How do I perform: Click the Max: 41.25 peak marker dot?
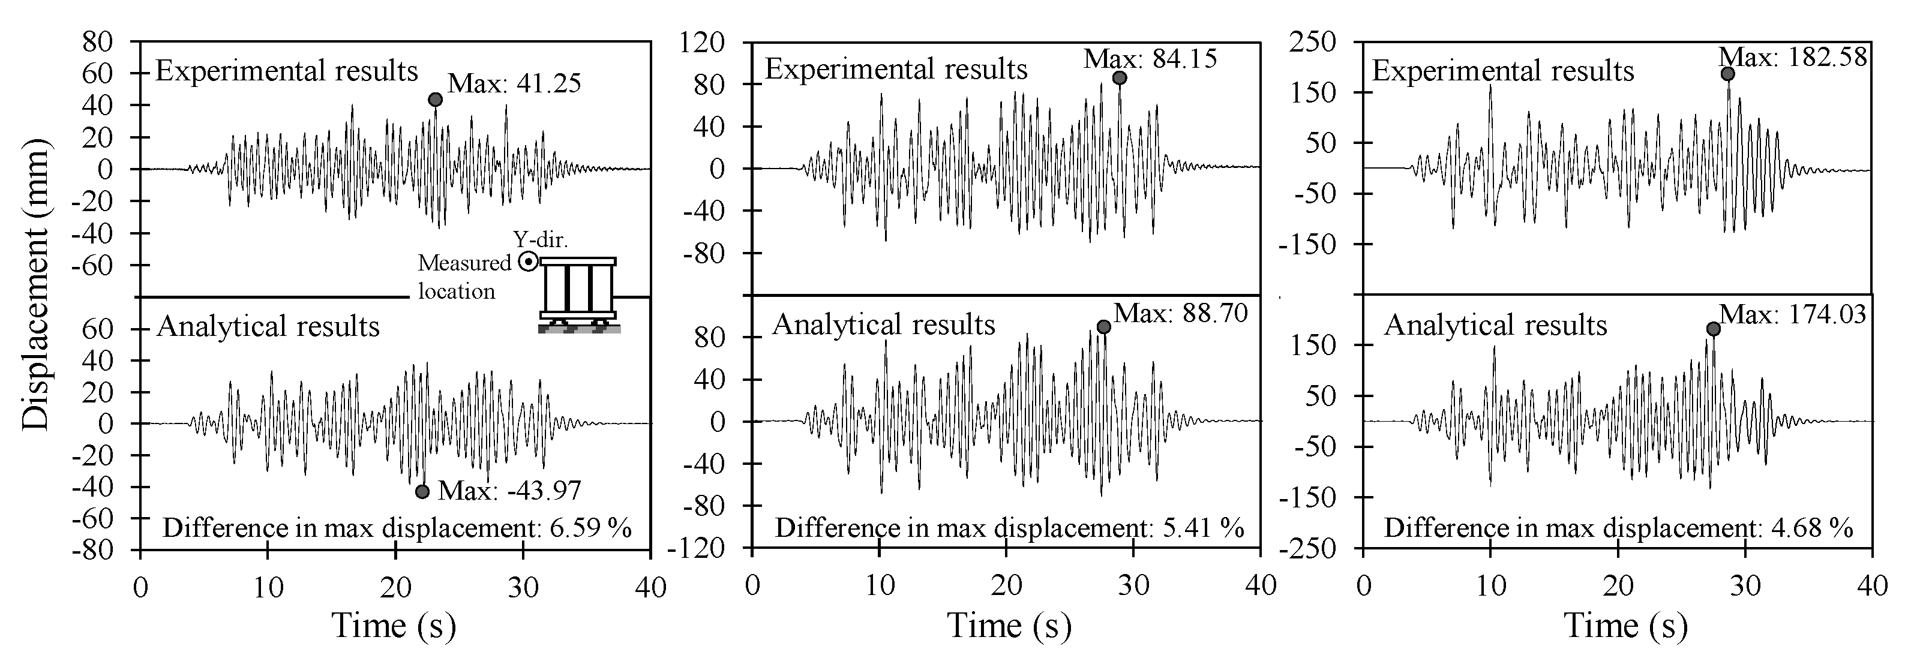click(x=436, y=99)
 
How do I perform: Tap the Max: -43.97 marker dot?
click(x=422, y=491)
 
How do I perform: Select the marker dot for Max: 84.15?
click(x=1119, y=78)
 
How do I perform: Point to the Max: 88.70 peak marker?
click(x=1103, y=326)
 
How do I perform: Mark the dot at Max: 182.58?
click(x=1727, y=74)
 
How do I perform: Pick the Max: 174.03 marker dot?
click(x=1713, y=329)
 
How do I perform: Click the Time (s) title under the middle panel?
click(x=1009, y=626)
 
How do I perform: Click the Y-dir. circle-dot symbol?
click(x=528, y=262)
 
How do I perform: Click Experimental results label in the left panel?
click(x=287, y=71)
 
